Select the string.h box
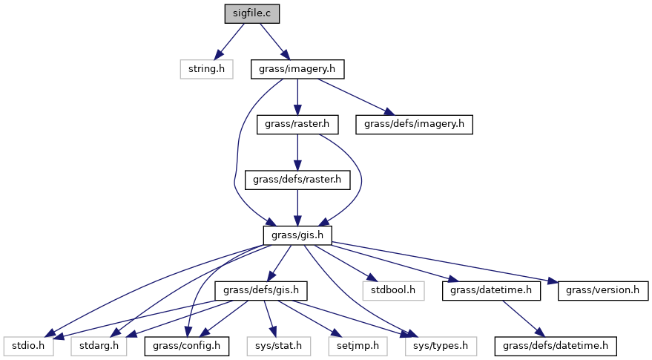(206, 69)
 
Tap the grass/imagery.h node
(297, 69)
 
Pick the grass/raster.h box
(297, 124)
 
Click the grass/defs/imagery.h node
(415, 124)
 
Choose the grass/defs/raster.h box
(297, 180)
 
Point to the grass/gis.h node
(297, 235)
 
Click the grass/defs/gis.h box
(261, 290)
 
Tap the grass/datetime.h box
(491, 290)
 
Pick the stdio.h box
(28, 345)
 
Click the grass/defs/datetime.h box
(556, 345)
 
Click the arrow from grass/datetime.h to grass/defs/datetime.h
(523, 318)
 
